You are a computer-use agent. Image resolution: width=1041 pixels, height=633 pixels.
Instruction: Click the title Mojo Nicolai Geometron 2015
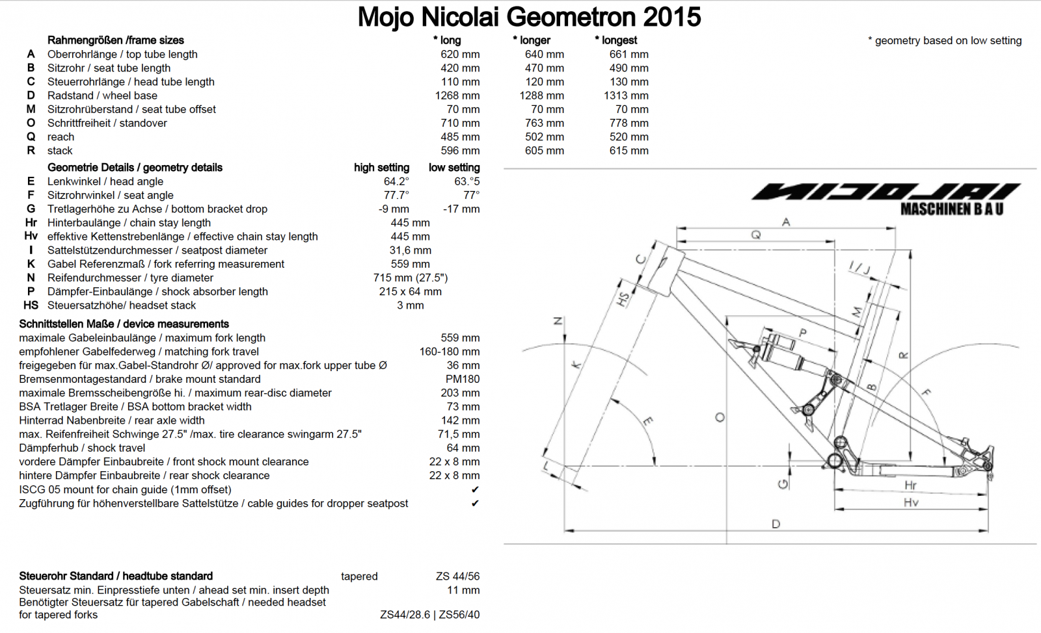coord(529,17)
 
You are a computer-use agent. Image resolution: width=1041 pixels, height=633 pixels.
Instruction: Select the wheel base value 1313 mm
coord(625,96)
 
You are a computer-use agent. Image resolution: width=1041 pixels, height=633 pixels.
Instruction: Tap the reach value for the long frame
coord(459,137)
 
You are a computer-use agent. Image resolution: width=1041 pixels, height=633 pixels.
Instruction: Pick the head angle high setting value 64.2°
coord(396,181)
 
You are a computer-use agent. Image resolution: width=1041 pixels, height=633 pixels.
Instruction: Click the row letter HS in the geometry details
coord(31,305)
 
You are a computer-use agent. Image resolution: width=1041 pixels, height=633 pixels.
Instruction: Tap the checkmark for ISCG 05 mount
coord(475,490)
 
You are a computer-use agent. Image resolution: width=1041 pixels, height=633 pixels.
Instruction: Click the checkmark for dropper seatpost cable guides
coord(475,504)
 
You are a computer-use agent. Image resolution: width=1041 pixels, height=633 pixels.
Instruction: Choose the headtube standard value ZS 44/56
coord(457,576)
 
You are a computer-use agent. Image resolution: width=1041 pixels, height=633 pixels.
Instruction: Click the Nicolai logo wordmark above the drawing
coord(886,192)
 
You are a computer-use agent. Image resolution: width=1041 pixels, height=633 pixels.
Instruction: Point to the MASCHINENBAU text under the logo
coord(951,209)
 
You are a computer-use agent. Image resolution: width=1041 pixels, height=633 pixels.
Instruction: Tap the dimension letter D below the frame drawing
coord(776,524)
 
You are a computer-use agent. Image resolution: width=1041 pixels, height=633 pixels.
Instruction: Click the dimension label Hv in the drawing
coord(910,502)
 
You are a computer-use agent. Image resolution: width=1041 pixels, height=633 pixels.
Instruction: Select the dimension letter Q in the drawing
coord(755,235)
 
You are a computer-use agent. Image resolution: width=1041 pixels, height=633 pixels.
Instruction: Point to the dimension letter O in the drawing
coord(720,417)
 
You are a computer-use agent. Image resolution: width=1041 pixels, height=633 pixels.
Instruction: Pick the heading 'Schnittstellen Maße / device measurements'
coord(124,324)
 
